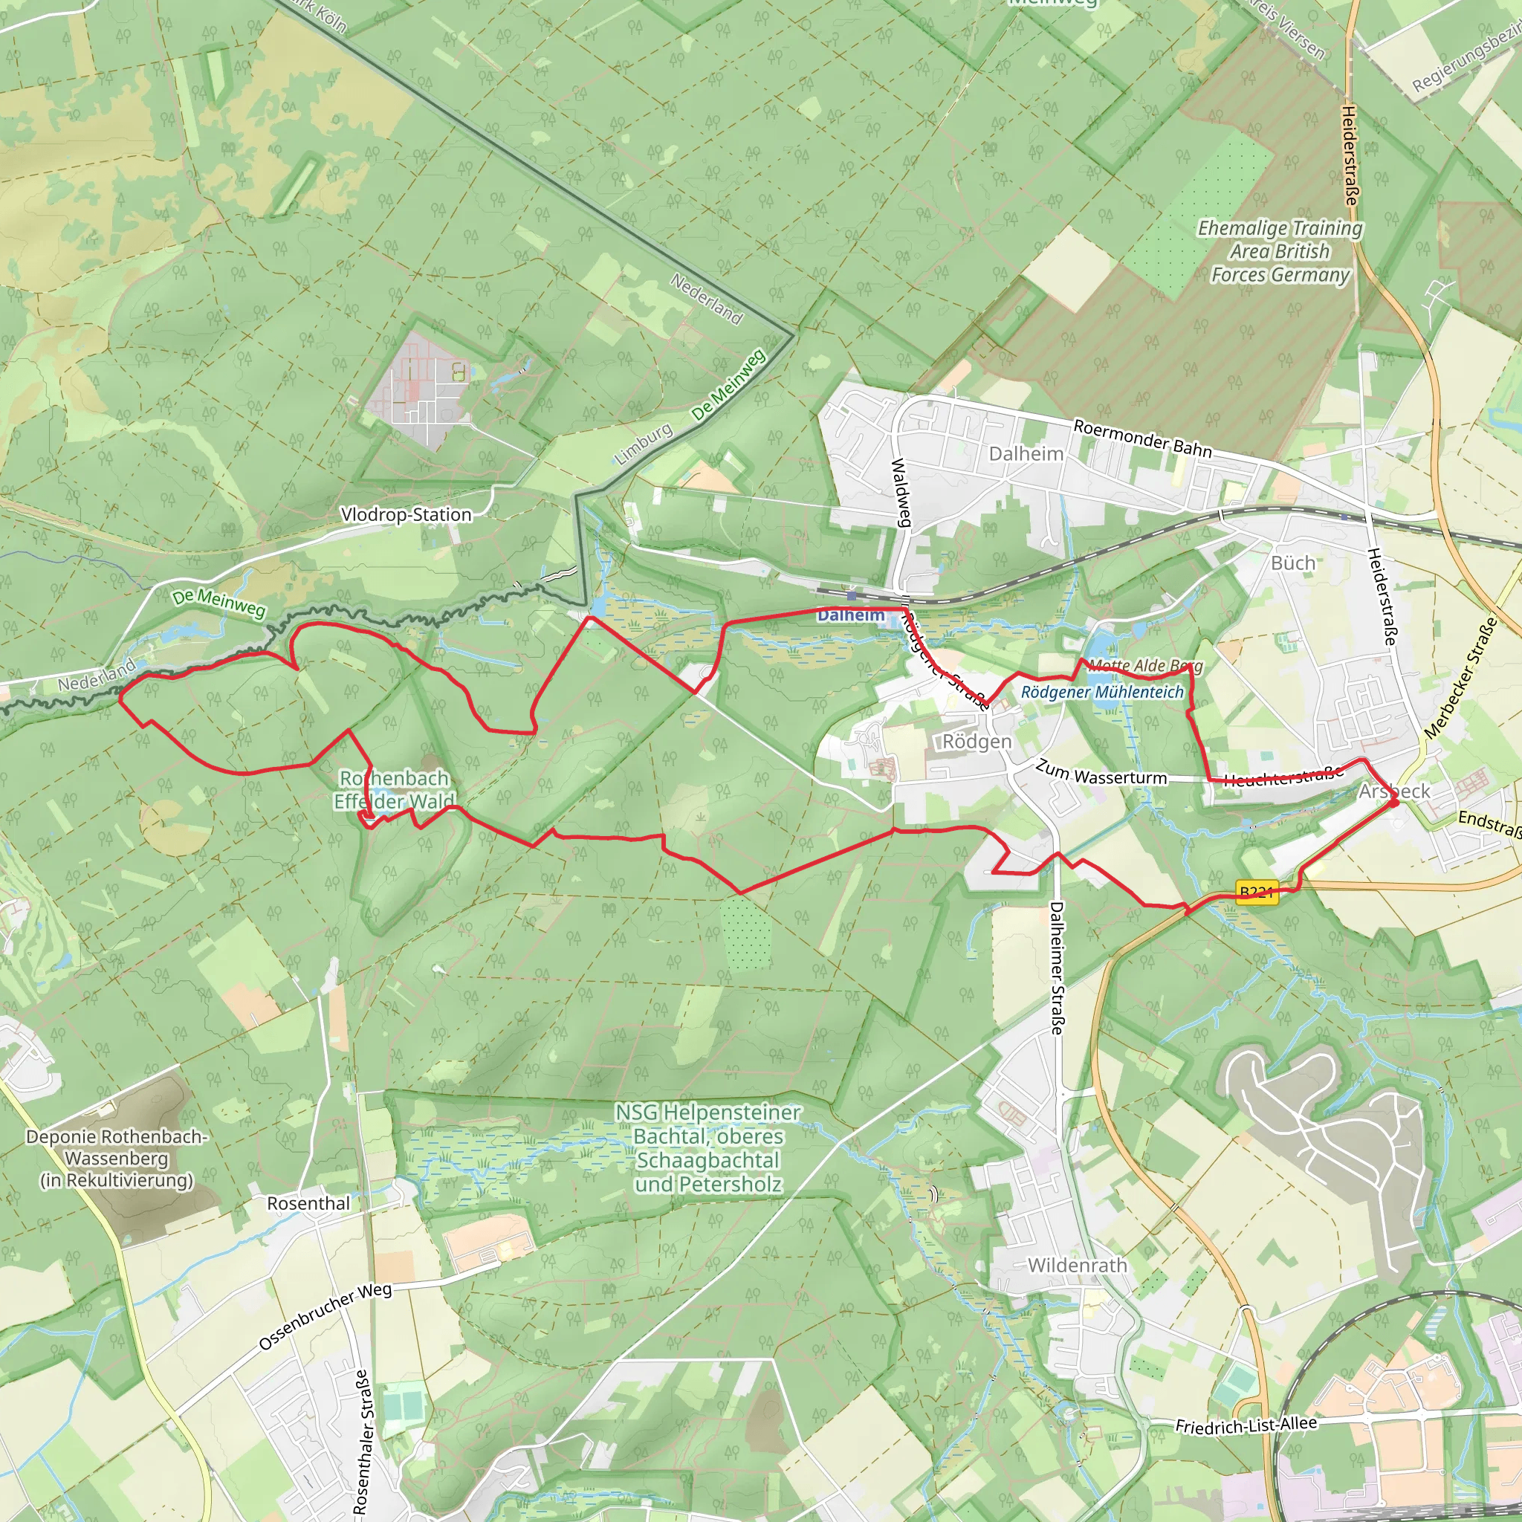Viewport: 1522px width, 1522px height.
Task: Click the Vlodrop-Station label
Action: (x=406, y=514)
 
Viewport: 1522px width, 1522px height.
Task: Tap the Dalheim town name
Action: (x=1026, y=454)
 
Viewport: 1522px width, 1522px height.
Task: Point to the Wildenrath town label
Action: (x=1077, y=1265)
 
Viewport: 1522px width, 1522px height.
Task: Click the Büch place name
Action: (x=1293, y=563)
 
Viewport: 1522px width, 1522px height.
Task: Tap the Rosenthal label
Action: (x=308, y=1203)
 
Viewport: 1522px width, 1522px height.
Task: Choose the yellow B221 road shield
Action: (x=1257, y=893)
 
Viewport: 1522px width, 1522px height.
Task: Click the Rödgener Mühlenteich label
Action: (x=1102, y=692)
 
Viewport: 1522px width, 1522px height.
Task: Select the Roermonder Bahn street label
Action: (x=1142, y=438)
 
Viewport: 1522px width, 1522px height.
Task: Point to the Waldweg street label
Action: (x=901, y=493)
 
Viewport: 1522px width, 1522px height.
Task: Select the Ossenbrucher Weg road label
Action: (x=326, y=1315)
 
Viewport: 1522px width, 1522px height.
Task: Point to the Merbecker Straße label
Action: (x=1461, y=678)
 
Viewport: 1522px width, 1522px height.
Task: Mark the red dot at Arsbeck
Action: (x=1393, y=802)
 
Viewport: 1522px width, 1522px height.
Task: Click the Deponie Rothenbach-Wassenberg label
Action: (x=117, y=1158)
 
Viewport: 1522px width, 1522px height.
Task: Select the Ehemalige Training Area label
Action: (x=1280, y=251)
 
